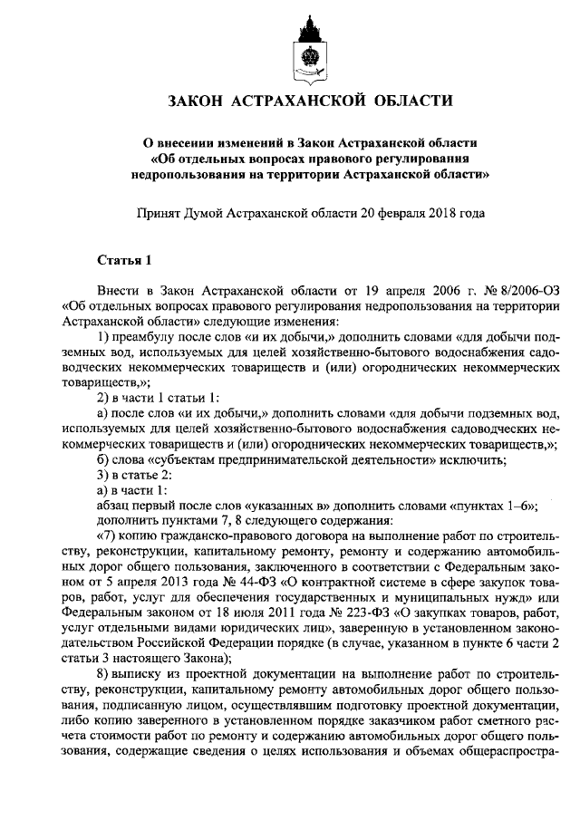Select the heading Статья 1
click(123, 261)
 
